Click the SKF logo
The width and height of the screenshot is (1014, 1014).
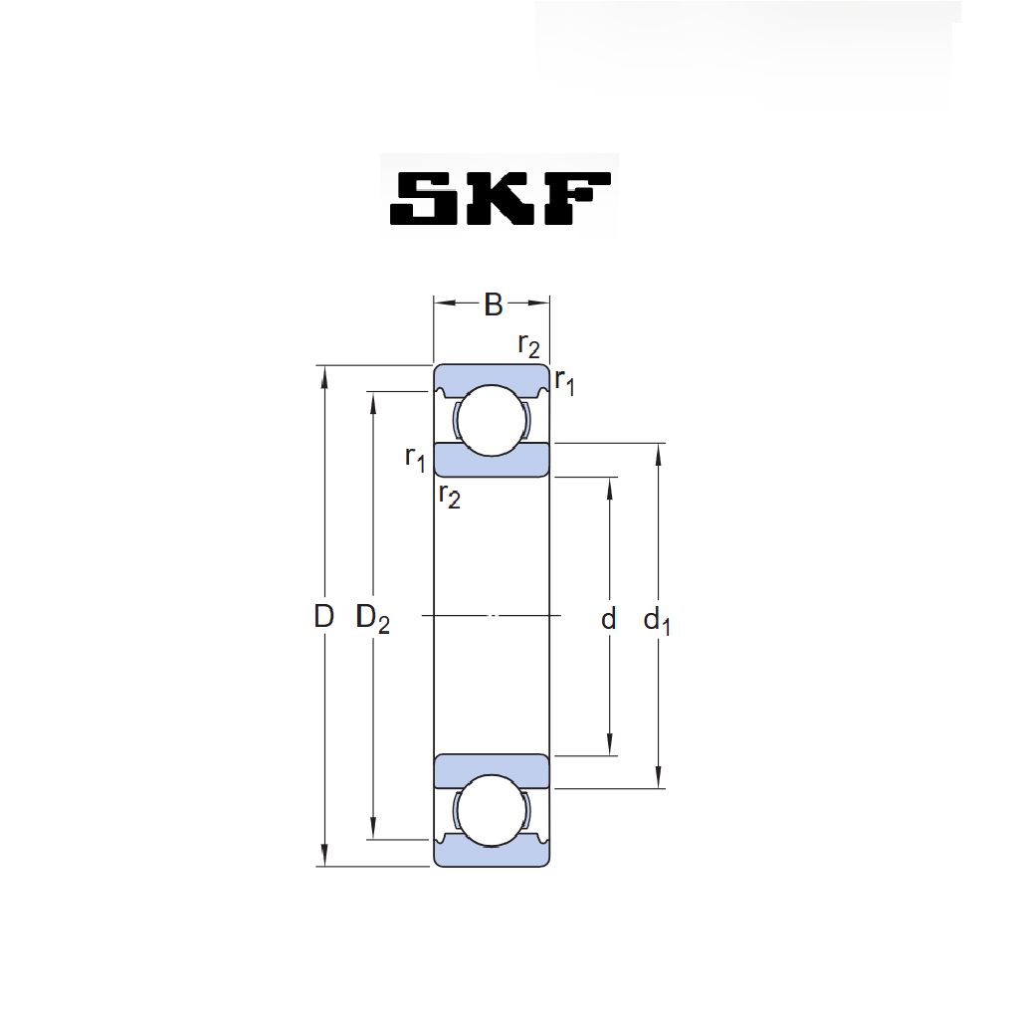tap(500, 198)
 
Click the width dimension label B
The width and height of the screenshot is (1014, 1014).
tap(494, 304)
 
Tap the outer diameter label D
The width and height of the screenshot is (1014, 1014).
tap(324, 616)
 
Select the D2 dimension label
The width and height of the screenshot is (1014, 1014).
tap(373, 619)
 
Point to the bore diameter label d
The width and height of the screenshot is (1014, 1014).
tap(609, 619)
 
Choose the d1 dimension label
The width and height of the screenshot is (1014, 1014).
tap(657, 622)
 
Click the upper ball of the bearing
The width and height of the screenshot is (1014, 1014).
tap(492, 420)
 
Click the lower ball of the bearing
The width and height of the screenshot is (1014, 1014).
tap(492, 811)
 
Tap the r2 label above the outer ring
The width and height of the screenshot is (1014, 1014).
tap(529, 346)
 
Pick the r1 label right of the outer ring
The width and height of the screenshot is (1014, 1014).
tap(564, 382)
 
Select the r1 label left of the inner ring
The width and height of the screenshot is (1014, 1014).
tap(415, 459)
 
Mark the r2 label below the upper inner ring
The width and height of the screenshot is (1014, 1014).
tap(450, 496)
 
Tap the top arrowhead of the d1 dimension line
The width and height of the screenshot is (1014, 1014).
tap(659, 455)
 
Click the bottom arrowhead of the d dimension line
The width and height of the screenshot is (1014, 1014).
tap(609, 744)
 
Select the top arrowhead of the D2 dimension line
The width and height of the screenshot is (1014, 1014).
tap(373, 403)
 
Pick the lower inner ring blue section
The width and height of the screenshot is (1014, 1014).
tap(492, 771)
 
